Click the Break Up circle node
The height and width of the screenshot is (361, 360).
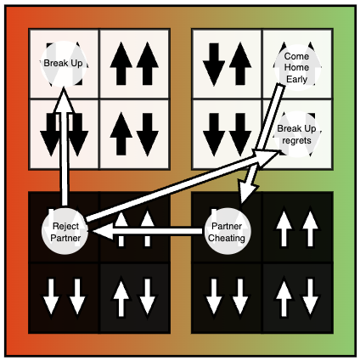64,64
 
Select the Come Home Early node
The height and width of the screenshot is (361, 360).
296,67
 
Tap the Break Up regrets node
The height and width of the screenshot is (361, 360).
296,134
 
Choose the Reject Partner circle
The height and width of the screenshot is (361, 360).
65,232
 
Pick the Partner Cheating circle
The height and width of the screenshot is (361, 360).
227,232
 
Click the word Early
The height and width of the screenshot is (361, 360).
296,79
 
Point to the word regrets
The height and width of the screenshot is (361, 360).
296,140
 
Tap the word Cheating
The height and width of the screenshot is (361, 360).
227,238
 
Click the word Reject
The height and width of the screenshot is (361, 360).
65,226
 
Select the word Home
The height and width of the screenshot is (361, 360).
296,67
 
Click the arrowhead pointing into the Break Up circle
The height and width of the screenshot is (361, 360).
64,100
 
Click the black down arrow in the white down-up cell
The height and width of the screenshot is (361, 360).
214,64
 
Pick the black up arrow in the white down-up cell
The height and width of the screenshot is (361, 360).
240,64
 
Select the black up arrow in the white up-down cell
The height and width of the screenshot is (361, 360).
121,133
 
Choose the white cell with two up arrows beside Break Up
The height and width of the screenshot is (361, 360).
134,64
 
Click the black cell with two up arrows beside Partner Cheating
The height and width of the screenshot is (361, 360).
297,228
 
